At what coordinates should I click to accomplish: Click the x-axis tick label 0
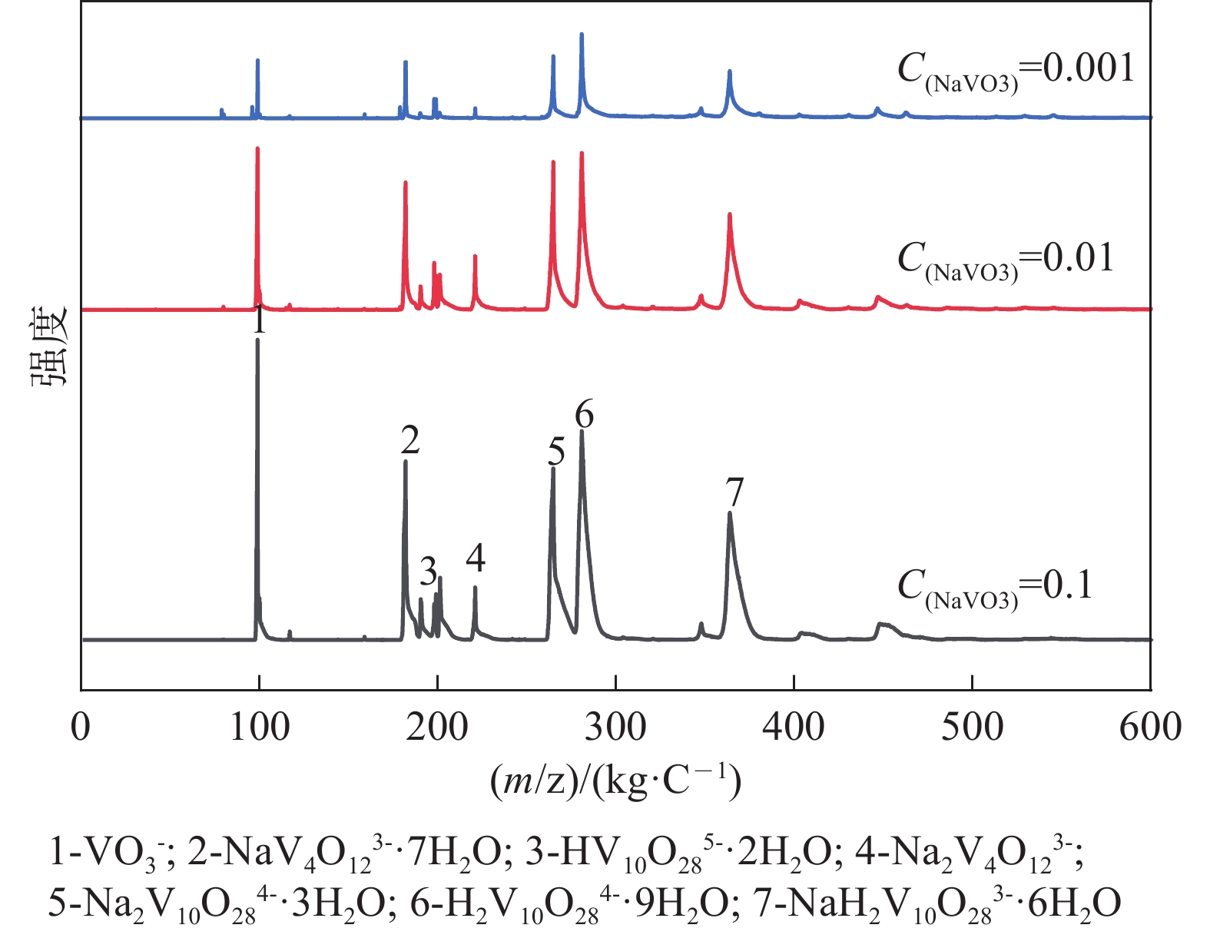(81, 727)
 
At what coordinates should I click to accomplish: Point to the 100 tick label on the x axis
(259, 727)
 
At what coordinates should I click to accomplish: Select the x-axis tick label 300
(615, 727)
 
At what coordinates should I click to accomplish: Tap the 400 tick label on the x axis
(794, 727)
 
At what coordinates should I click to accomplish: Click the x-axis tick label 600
(1149, 727)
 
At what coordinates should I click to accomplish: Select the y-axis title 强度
(50, 346)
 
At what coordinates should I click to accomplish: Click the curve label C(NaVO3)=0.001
(1016, 71)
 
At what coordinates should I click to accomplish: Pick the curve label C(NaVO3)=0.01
(1006, 260)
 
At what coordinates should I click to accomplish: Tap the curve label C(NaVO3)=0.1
(995, 588)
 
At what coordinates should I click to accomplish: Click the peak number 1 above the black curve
(260, 321)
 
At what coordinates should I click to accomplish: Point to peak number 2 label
(409, 440)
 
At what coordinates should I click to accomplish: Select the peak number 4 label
(476, 558)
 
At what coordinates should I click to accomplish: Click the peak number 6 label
(584, 415)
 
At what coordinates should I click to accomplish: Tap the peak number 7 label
(734, 492)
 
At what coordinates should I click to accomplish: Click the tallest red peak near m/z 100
(257, 148)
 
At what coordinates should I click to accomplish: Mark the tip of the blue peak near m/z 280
(582, 34)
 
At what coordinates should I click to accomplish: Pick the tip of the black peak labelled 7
(729, 513)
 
